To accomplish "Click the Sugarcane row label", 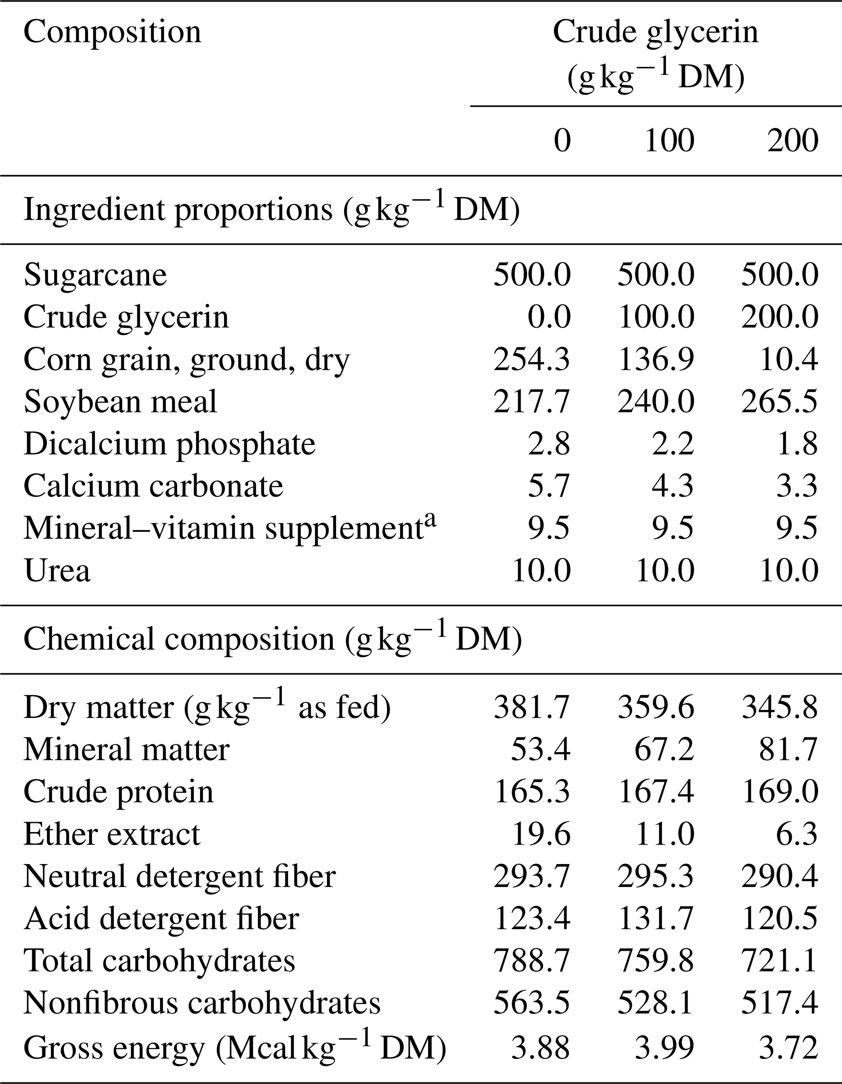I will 95,275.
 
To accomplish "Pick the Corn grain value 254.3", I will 532,359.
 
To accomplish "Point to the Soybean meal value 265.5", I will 779,402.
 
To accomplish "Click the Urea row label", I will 57,571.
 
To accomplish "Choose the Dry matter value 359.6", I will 656,707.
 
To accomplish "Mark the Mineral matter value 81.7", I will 788,749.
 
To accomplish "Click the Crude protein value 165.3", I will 532,792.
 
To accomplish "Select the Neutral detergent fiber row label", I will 179,877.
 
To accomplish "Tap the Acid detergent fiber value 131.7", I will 656,919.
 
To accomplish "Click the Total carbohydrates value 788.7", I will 532,961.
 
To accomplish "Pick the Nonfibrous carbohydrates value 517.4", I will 779,1003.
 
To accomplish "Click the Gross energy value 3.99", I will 664,1046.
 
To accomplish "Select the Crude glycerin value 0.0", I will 549,317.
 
